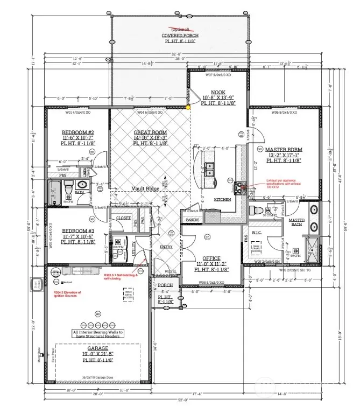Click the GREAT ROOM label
click(150, 132)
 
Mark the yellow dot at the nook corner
click(188, 107)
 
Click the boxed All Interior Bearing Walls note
click(98, 334)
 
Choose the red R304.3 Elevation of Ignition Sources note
click(69, 295)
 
